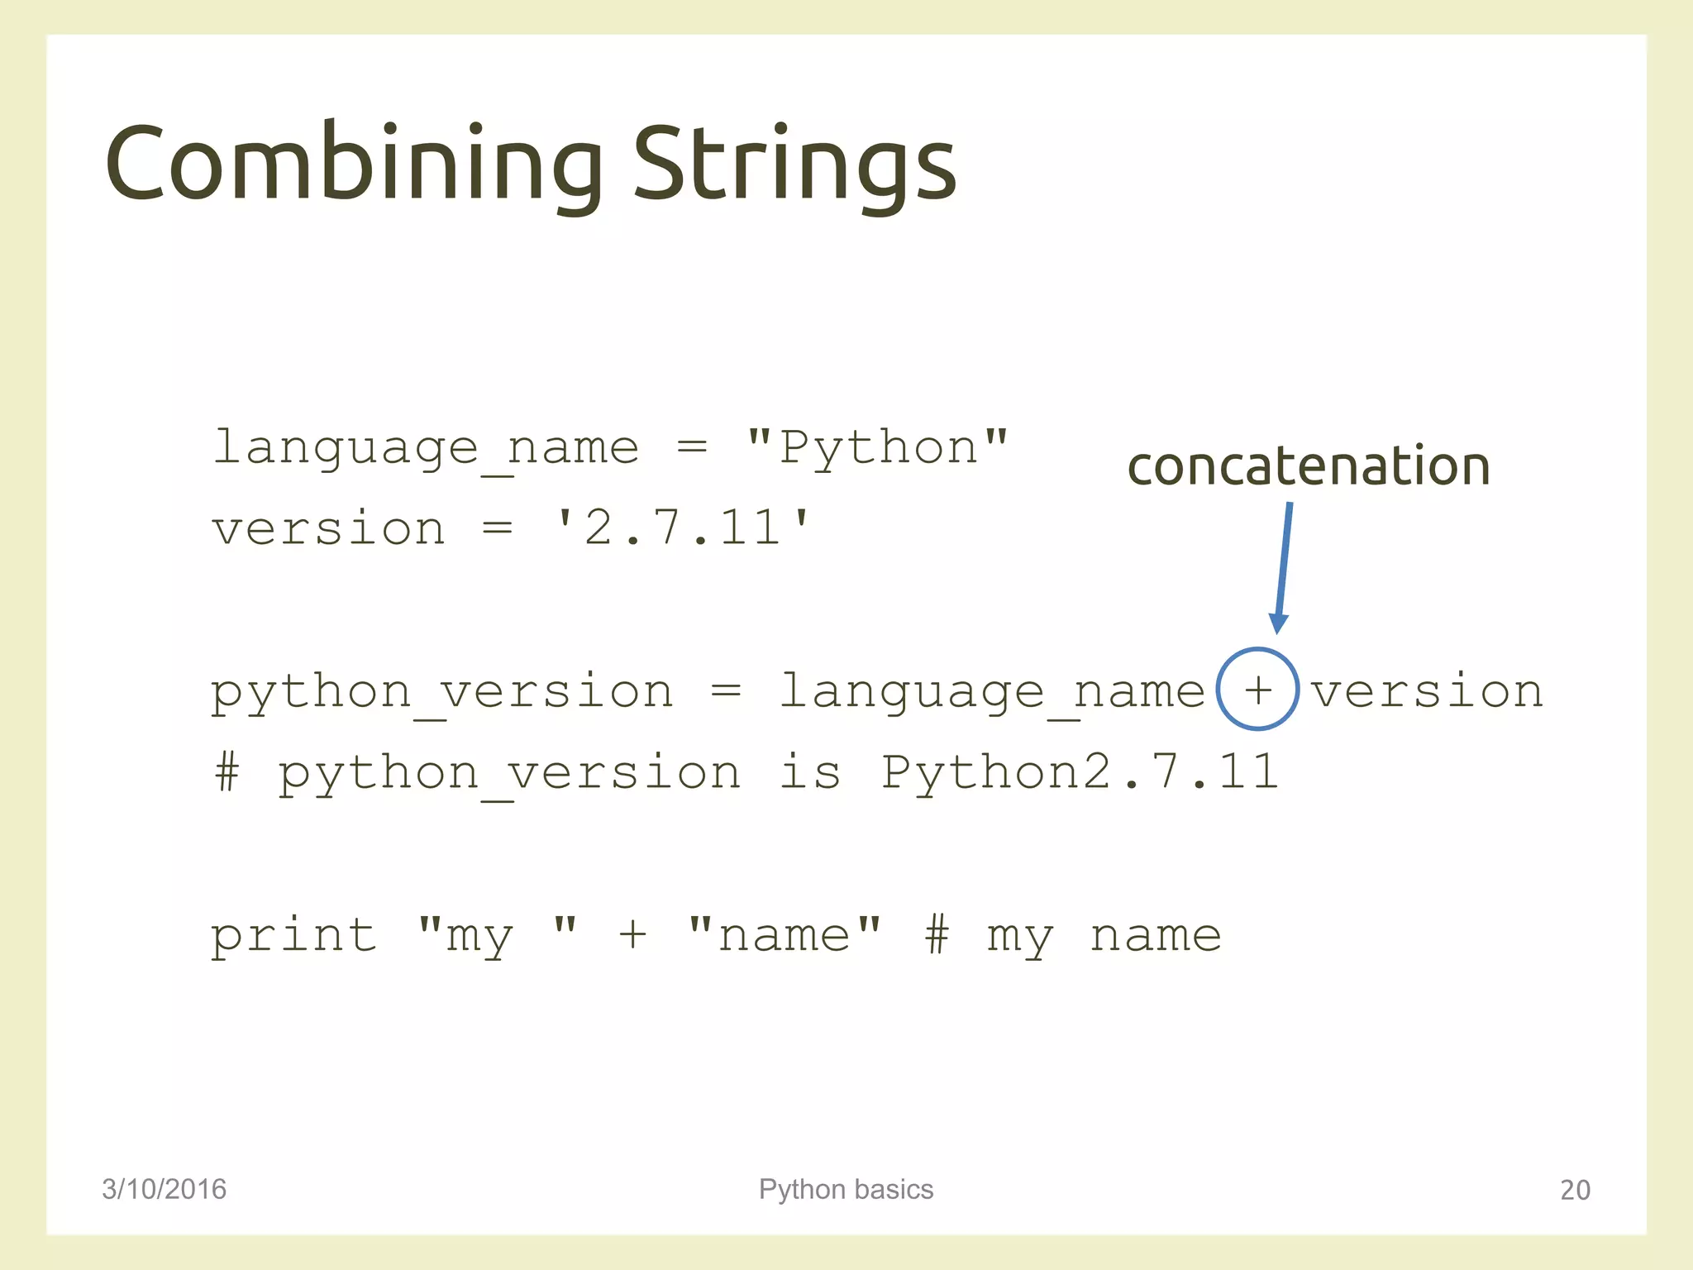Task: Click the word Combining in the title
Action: [354, 164]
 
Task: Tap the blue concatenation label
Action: [1308, 466]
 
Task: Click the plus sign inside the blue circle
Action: [1257, 690]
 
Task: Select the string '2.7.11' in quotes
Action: [683, 528]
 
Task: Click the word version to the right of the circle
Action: [1427, 691]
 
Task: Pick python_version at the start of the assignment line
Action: [441, 691]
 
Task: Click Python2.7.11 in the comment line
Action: [1079, 772]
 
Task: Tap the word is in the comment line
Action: [810, 772]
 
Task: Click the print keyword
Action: [293, 936]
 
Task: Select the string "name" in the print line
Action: [784, 936]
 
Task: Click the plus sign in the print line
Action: [632, 936]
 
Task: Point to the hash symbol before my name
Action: [937, 936]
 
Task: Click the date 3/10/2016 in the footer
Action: [164, 1189]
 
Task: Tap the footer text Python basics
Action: [846, 1189]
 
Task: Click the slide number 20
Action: [1575, 1190]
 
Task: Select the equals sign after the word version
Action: [498, 528]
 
